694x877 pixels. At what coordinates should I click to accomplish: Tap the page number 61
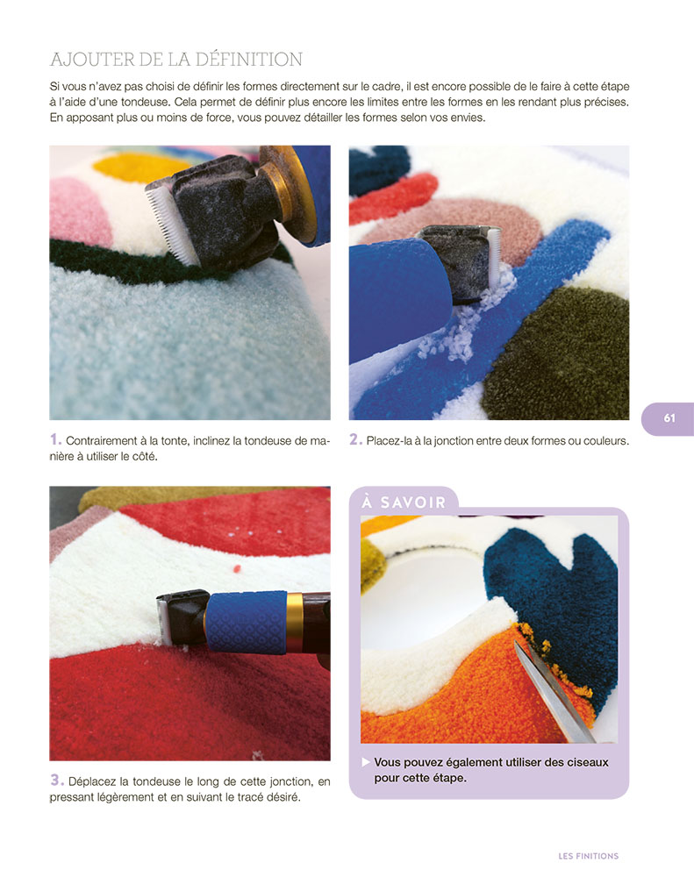tap(669, 418)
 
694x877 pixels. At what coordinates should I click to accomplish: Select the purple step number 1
tap(55, 439)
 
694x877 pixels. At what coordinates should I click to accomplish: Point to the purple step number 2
tap(355, 439)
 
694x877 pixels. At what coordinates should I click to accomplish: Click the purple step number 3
tap(56, 780)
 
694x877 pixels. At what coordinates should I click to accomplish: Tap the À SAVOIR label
tap(404, 503)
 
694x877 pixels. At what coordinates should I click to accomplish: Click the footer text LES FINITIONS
tap(588, 856)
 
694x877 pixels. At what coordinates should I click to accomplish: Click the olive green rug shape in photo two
tap(562, 351)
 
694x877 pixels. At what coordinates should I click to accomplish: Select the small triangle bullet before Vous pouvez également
tap(366, 762)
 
